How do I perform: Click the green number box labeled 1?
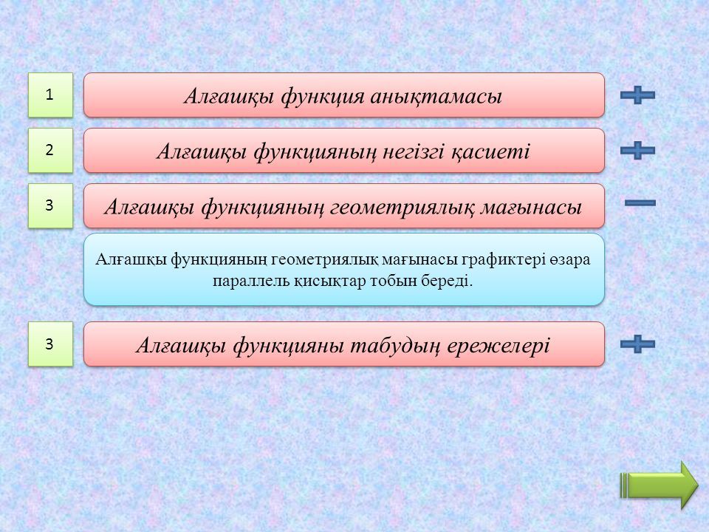tap(50, 95)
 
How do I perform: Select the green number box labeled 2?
tap(50, 150)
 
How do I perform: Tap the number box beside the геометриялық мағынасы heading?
tap(50, 205)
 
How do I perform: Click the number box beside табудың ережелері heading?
tap(50, 344)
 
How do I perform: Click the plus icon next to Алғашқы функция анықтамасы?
tap(637, 95)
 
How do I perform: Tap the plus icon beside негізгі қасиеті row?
tap(637, 150)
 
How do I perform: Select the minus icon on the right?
tap(640, 203)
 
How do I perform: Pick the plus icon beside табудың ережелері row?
tap(637, 344)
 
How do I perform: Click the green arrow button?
tap(660, 485)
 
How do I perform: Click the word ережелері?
tap(499, 347)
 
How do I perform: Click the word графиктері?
tap(503, 260)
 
